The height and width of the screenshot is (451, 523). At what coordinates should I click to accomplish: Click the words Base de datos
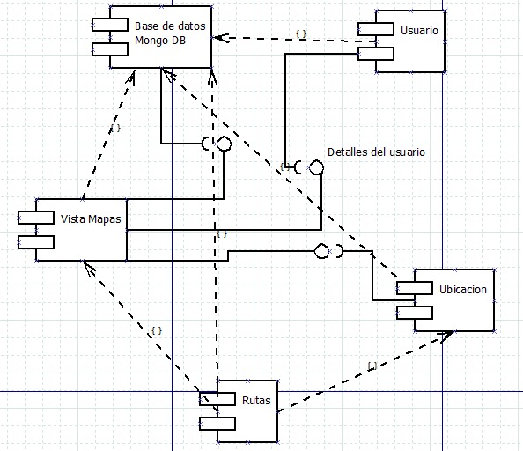pos(170,26)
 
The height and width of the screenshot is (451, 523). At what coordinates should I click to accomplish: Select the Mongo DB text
pos(160,41)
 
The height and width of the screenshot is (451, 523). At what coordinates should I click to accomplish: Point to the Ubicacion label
pos(462,289)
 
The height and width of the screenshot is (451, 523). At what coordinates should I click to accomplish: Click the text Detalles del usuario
pos(376,152)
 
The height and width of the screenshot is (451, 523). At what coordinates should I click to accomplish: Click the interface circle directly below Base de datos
pos(224,144)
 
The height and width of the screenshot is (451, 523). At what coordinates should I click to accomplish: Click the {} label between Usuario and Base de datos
pos(301,33)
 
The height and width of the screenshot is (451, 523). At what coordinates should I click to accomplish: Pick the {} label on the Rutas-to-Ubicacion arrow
pos(372,365)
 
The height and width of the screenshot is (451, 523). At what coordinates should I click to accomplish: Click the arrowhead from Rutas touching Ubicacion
pos(452,334)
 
